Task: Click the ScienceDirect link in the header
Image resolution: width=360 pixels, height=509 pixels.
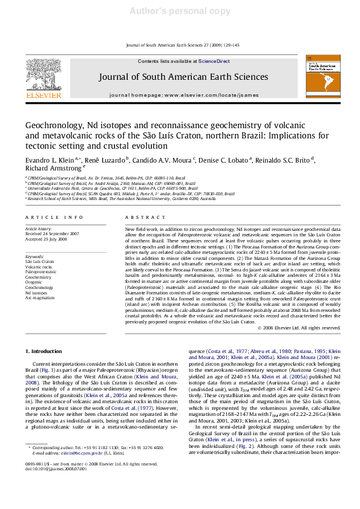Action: coord(214,61)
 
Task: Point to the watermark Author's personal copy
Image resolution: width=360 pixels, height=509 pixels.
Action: coord(180,10)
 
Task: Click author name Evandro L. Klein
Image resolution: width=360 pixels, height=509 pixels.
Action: coord(45,160)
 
